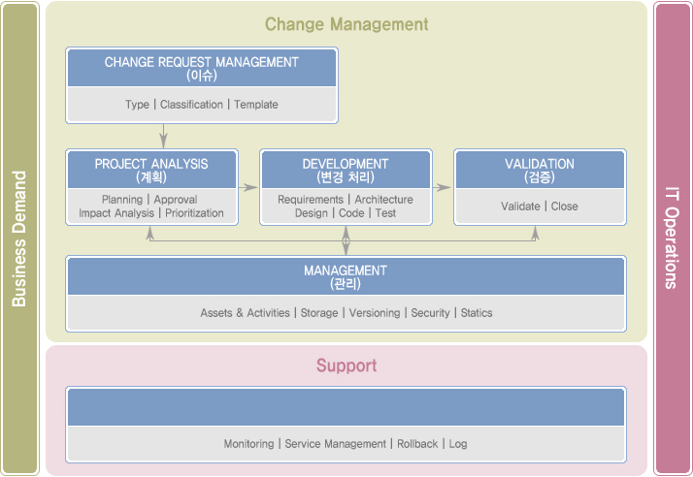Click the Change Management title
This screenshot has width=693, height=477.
point(346,24)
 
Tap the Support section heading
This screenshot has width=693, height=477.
point(346,366)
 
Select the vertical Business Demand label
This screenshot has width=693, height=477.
point(19,238)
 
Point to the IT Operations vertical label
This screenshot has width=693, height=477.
point(672,238)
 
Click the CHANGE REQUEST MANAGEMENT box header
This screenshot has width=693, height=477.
point(202,68)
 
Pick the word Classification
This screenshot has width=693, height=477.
point(191,105)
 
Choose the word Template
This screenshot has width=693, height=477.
point(256,105)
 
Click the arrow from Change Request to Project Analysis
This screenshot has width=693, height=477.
point(163,136)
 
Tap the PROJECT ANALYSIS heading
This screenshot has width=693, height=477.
point(151,170)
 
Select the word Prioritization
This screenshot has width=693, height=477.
point(194,213)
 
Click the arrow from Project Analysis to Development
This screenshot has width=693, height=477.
point(248,187)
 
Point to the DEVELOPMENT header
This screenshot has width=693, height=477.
point(346,170)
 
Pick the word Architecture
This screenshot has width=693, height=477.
point(383,200)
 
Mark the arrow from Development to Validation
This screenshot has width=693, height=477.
point(442,187)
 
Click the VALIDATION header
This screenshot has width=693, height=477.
point(540,170)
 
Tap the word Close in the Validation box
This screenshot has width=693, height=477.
point(564,207)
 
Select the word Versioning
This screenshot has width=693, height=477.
point(375,313)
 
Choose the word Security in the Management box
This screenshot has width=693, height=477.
point(430,313)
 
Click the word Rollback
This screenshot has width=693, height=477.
point(417,444)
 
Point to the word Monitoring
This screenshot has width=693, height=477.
point(248,444)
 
